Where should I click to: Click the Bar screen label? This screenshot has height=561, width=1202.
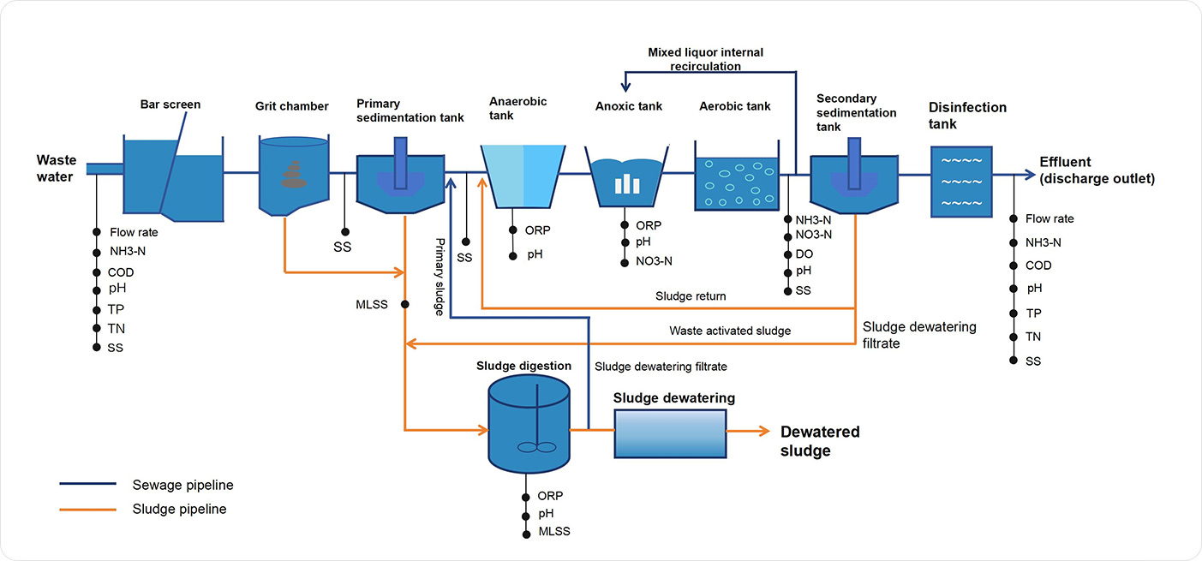pos(170,104)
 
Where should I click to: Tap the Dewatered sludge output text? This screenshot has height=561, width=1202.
pos(819,441)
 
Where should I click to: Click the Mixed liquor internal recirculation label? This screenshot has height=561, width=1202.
pos(705,59)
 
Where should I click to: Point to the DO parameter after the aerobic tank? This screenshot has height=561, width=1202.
pos(804,254)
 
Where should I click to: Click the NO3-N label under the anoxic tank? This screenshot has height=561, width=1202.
pos(654,261)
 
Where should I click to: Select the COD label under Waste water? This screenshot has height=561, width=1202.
pos(122,272)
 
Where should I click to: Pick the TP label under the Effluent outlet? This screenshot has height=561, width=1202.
pos(1034,313)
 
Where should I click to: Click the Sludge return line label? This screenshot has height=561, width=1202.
pos(691,296)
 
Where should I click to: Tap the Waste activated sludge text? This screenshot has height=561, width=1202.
pos(730,331)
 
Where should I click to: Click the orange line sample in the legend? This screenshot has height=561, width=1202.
pos(87,509)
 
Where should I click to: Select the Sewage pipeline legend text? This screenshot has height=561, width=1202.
pos(182,485)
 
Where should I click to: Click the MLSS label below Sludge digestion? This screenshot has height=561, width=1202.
pos(553,532)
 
